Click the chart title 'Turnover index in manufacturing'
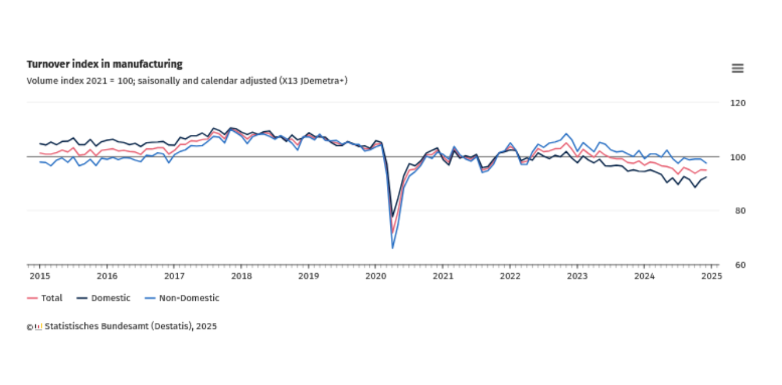pos(104,64)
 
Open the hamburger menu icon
pos(737,68)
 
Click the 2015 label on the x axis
pos(39,275)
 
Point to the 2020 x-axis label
pos(376,275)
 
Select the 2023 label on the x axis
pos(577,275)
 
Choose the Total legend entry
pos(45,298)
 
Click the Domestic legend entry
pos(104,298)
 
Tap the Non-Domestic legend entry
pos(182,298)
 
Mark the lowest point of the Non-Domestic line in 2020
pos(392,248)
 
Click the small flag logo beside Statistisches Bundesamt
pos(39,327)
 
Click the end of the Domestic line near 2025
pos(706,177)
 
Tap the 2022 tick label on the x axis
pos(510,275)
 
